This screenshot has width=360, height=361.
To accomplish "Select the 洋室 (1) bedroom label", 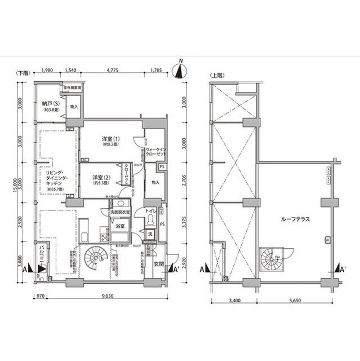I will pos(111,140).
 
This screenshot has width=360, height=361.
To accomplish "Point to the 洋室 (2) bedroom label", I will pos(101,178).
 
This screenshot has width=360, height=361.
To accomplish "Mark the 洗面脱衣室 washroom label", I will pos(119,212).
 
